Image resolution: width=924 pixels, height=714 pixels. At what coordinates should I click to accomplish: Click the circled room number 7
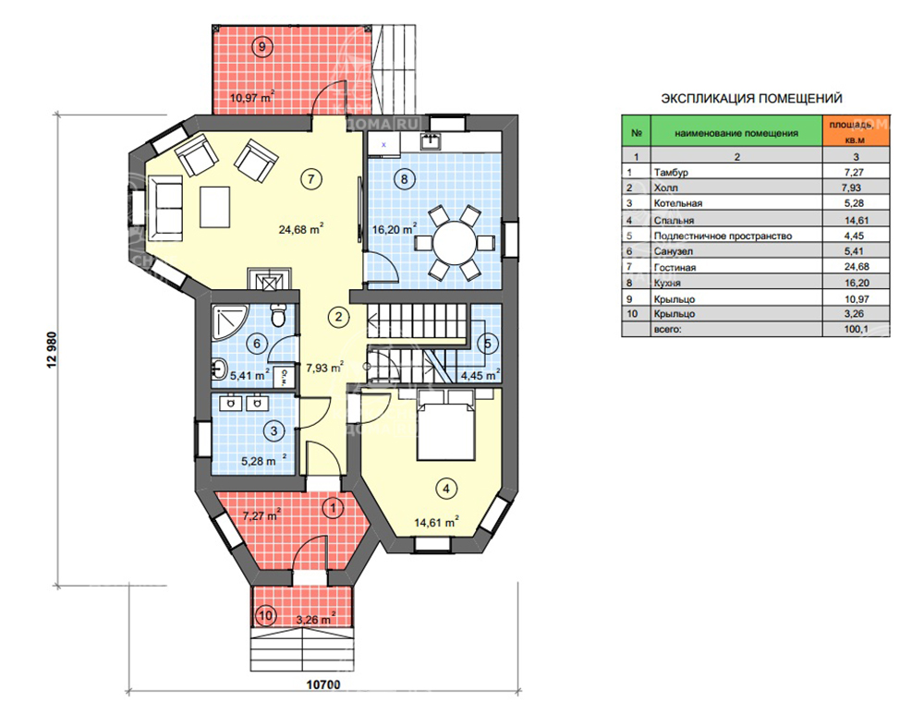tap(311, 178)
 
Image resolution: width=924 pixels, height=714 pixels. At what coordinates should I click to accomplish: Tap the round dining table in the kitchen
tap(454, 242)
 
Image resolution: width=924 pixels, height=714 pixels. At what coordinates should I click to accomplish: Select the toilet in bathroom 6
tap(278, 315)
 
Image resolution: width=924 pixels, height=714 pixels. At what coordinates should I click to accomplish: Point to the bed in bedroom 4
tap(446, 424)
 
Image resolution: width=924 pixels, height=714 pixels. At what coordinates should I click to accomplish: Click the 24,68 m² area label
tap(301, 228)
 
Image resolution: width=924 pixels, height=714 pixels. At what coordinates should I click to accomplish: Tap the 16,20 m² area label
tap(395, 228)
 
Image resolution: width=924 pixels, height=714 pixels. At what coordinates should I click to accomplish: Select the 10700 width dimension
tap(323, 684)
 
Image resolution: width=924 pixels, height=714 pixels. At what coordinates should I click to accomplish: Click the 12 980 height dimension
tap(52, 350)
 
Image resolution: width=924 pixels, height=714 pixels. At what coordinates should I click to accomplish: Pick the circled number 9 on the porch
tap(262, 45)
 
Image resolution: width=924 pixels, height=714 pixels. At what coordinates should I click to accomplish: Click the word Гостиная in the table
tap(675, 267)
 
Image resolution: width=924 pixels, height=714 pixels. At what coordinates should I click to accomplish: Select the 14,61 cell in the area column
tap(857, 220)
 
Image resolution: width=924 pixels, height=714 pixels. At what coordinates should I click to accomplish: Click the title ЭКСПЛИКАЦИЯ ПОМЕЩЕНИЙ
tap(752, 99)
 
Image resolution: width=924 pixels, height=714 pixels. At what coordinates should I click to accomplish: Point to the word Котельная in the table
tap(677, 203)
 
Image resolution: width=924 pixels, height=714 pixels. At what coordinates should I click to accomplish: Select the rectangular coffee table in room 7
tap(214, 207)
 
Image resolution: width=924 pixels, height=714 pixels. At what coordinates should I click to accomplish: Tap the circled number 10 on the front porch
tap(266, 615)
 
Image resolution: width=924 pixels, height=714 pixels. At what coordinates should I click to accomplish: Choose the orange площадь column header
tap(857, 131)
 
